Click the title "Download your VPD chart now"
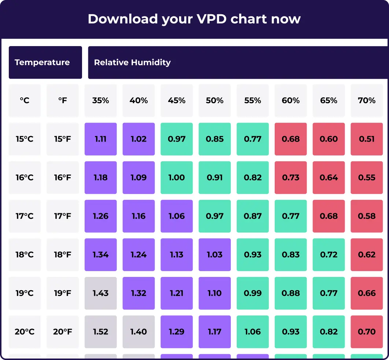[194, 19]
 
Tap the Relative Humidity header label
[132, 62]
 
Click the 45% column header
[177, 100]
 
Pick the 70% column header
[367, 100]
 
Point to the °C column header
[25, 100]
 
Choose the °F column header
[63, 100]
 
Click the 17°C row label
[25, 216]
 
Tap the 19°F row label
[63, 293]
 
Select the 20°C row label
[25, 332]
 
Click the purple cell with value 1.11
[101, 139]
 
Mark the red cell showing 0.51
[367, 139]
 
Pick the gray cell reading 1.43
[101, 293]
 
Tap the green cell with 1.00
[177, 177]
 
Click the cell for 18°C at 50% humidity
[215, 255]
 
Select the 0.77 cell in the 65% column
[329, 293]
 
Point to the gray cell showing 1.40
[138, 332]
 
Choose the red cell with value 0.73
[291, 177]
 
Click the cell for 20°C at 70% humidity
[367, 332]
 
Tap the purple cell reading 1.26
[101, 216]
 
